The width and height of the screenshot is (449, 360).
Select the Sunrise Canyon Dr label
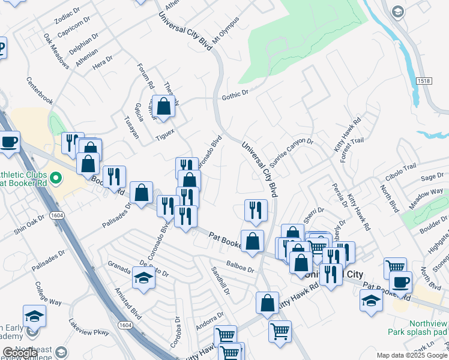pos(291,153)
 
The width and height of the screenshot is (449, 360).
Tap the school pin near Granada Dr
pos(143,278)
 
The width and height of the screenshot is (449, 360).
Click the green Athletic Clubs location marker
pos(56,178)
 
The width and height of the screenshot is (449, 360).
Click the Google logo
pos(20,353)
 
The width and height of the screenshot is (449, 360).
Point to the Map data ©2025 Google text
pos(411,355)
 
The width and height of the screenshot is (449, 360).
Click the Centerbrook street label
pos(40,92)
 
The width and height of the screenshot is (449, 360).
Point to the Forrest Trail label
pos(353,146)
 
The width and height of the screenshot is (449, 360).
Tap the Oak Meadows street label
pos(55,47)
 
